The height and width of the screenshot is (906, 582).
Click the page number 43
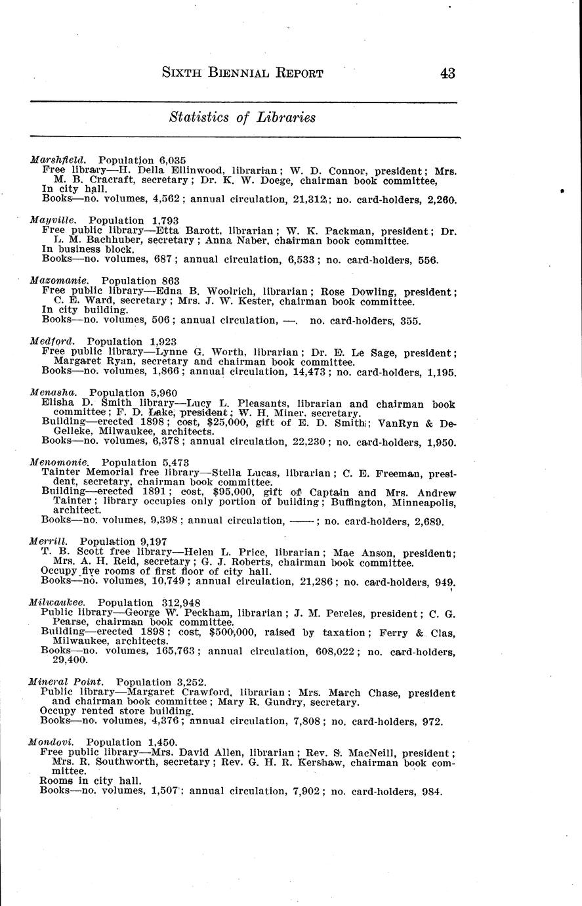pyautogui.click(x=447, y=73)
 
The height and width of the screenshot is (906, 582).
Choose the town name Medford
pyautogui.click(x=52, y=341)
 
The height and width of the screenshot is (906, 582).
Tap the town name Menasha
pyautogui.click(x=54, y=393)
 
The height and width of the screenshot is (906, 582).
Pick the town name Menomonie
pyautogui.click(x=59, y=462)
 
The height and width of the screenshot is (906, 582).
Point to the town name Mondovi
pyautogui.click(x=51, y=742)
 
